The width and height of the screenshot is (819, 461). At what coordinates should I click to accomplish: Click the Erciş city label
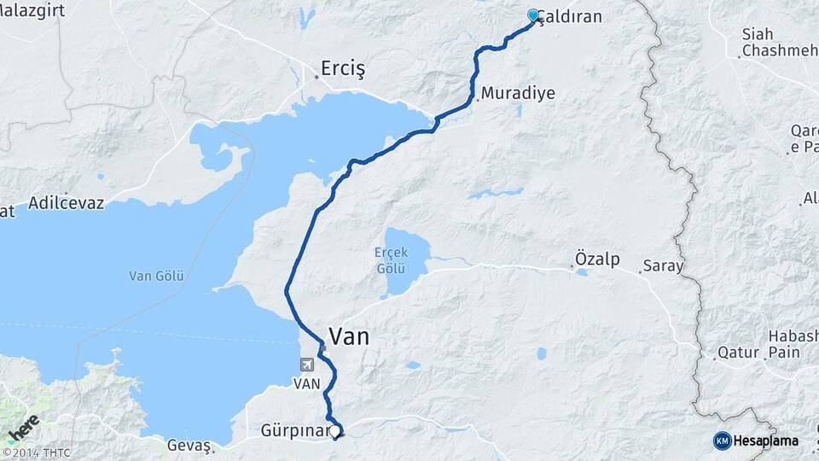pyautogui.click(x=342, y=67)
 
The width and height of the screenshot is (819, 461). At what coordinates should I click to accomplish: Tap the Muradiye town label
pyautogui.click(x=518, y=94)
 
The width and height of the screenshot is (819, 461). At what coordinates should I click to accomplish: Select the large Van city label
pyautogui.click(x=349, y=336)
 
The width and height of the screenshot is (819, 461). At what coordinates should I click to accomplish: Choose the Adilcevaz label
pyautogui.click(x=66, y=203)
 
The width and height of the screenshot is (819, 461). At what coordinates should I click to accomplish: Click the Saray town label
pyautogui.click(x=664, y=266)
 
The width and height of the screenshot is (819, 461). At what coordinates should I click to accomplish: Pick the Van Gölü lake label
pyautogui.click(x=156, y=276)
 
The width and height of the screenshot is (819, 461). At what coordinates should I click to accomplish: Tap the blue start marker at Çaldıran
pyautogui.click(x=533, y=15)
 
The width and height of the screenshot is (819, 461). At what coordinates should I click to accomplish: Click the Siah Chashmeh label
pyautogui.click(x=770, y=43)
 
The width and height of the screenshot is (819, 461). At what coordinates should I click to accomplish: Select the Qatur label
pyautogui.click(x=738, y=352)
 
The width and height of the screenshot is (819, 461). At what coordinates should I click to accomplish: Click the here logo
pyautogui.click(x=23, y=427)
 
